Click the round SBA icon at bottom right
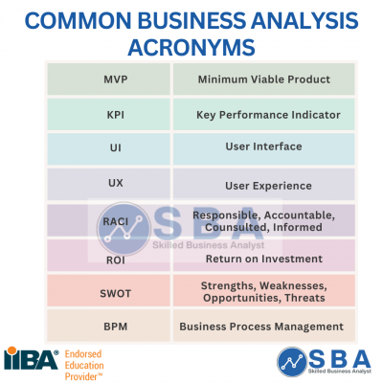point(291,360)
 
